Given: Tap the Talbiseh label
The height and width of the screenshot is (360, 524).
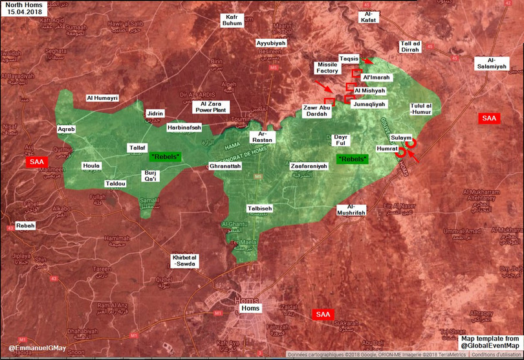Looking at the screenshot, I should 259,208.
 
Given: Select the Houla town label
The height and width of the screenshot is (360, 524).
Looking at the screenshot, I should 91,166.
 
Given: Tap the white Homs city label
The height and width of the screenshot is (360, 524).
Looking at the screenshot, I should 250,308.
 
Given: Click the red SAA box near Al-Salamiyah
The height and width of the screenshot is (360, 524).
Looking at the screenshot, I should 488,118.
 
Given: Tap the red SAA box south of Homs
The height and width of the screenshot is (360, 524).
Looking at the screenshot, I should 323,315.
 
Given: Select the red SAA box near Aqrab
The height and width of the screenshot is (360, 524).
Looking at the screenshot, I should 36,161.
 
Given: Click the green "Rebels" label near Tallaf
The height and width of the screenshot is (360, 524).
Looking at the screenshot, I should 166,157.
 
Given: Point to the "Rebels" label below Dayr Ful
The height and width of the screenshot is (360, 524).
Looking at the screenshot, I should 352,159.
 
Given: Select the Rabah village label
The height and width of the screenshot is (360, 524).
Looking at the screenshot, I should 26,226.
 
